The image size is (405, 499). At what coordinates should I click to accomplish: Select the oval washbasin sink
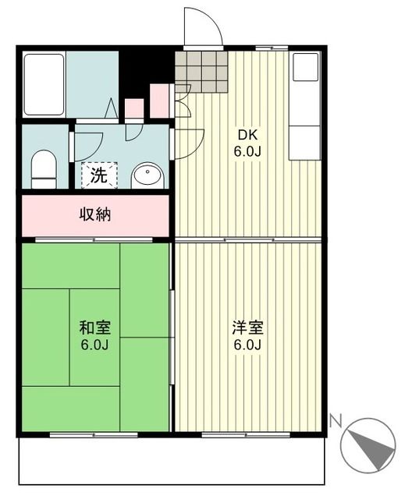[x=147, y=176]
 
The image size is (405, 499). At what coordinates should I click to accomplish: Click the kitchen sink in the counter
[x=305, y=68]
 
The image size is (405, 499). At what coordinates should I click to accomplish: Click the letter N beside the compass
[x=335, y=422]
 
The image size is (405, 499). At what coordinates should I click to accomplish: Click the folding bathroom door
[x=112, y=109]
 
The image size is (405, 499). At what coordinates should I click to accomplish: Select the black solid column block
[x=145, y=70]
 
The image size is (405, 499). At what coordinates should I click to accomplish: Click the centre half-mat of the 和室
[x=95, y=337]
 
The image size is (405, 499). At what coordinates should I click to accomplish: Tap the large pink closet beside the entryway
[x=159, y=100]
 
